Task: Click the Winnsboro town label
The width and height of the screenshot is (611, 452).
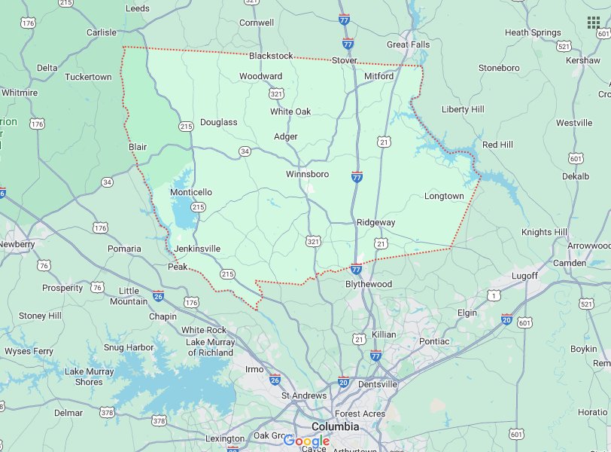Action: tap(307, 174)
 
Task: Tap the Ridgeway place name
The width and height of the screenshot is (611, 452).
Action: tap(375, 222)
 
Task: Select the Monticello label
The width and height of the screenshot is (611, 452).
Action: tap(190, 192)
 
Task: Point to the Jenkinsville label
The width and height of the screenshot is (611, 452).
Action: tap(197, 248)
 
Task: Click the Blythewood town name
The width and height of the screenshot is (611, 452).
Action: tap(369, 284)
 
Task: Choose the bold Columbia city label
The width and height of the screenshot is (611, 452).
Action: tap(335, 426)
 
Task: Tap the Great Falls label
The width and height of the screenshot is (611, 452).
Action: tap(409, 44)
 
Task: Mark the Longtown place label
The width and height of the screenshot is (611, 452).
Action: tap(444, 196)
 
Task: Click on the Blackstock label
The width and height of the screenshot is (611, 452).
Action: tap(271, 56)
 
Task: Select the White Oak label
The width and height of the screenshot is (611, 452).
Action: tap(290, 111)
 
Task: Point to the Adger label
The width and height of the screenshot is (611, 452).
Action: tap(286, 136)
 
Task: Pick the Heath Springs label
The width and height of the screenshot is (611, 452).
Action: tap(533, 32)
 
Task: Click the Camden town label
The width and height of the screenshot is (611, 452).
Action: tap(570, 263)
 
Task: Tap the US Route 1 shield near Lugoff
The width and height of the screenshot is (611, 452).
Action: tap(494, 295)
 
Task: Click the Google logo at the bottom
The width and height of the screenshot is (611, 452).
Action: tap(306, 441)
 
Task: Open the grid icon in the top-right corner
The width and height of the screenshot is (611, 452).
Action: tap(594, 23)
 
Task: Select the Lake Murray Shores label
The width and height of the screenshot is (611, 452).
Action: tap(89, 377)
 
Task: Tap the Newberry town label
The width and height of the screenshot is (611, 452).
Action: tap(17, 244)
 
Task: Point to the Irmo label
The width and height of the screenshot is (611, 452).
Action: tap(254, 369)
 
